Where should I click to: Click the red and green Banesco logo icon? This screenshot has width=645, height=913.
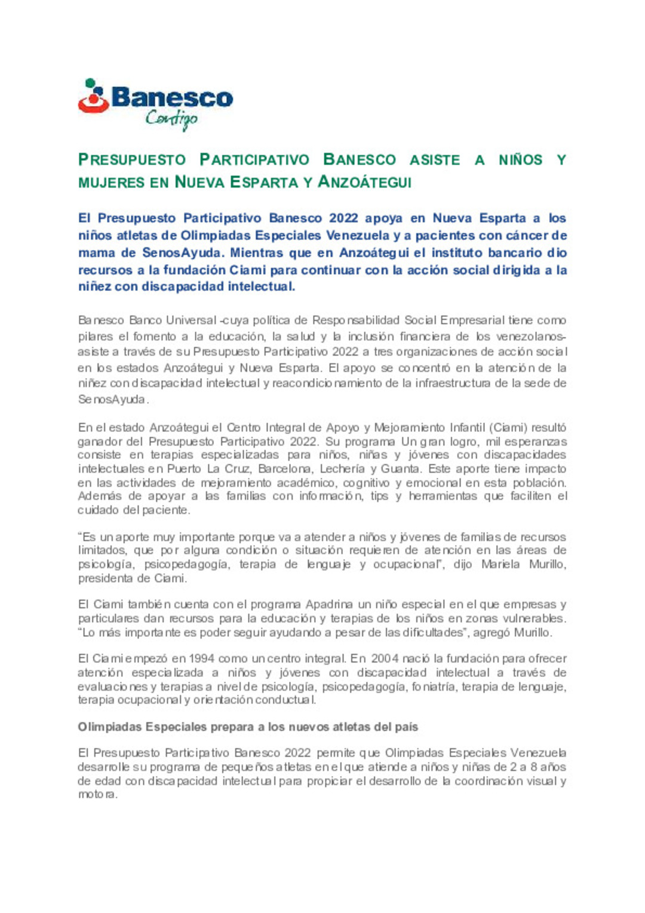coord(93,97)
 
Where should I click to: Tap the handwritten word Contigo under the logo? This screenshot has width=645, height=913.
coord(171,119)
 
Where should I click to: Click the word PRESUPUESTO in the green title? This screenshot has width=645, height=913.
coord(132,160)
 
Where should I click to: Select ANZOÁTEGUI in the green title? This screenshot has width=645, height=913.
coord(364,182)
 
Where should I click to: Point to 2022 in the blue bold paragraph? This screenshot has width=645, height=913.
coord(343,218)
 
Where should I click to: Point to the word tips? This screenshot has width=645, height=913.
coord(379,496)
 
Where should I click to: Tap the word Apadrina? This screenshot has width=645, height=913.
coord(329,605)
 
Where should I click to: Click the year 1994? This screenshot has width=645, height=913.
coord(202,659)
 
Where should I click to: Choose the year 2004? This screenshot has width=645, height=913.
coord(386,659)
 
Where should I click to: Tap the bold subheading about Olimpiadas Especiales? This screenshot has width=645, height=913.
coord(248,727)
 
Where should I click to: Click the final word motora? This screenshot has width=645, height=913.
coord(97,795)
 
